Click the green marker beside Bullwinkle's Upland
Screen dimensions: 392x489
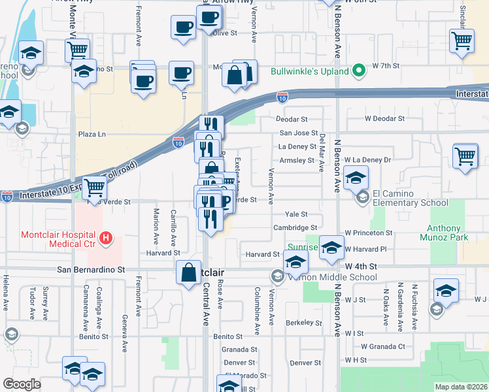pos(358,71)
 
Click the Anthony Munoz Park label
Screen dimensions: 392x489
pos(448,233)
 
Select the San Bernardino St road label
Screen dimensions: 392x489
pos(90,269)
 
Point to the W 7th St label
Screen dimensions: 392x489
pos(385,67)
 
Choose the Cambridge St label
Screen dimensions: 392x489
pos(295,228)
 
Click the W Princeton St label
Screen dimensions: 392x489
pos(369,233)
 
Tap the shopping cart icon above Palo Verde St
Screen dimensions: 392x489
pos(95,188)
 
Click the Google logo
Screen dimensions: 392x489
pos(22,384)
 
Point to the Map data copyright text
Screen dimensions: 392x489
pos(462,387)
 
